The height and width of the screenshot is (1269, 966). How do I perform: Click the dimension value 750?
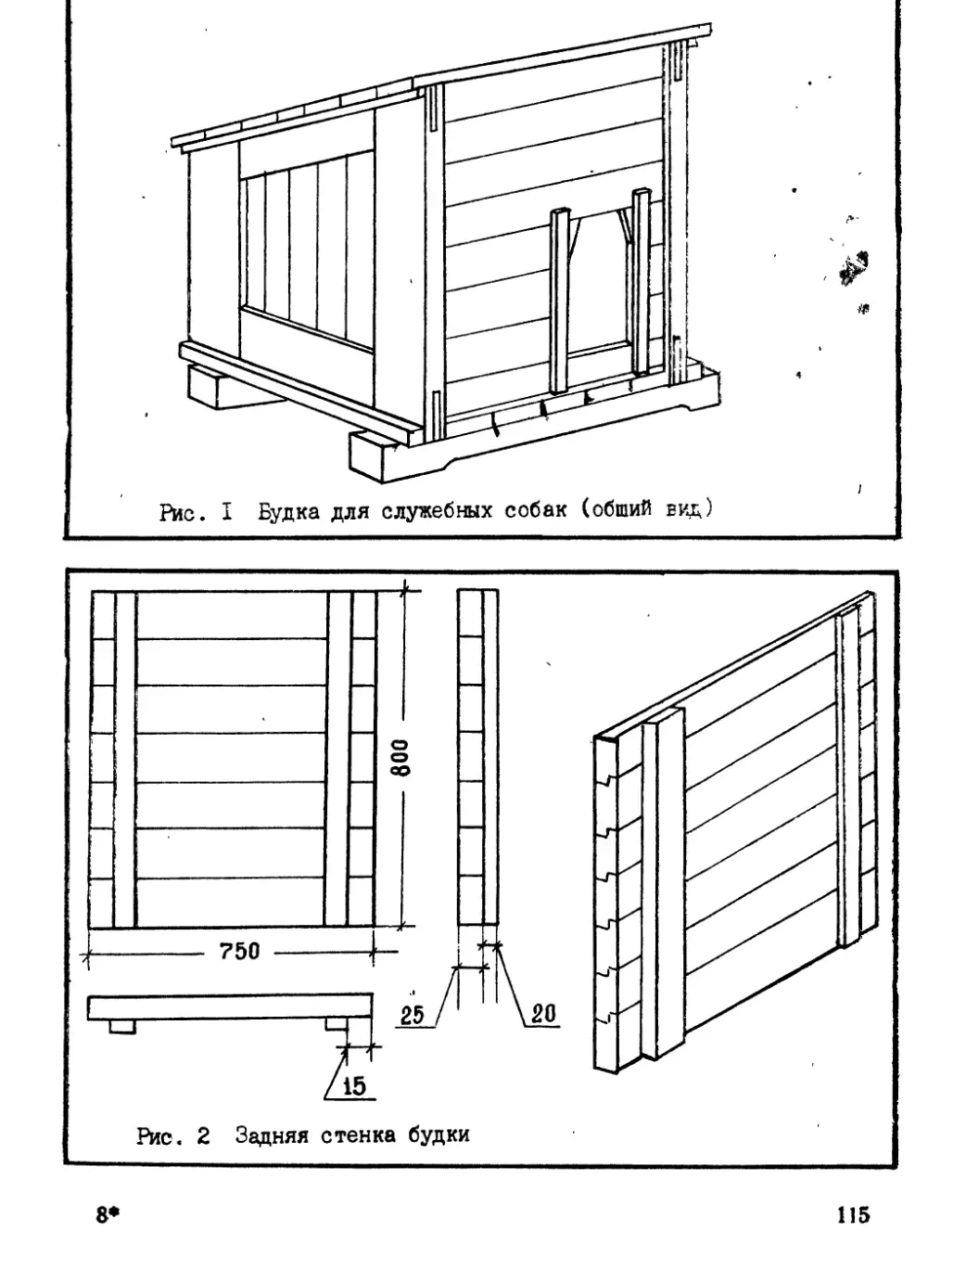pos(238,951)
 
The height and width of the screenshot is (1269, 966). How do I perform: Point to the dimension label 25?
pos(413,1015)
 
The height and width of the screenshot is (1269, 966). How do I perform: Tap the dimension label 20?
pos(542,1014)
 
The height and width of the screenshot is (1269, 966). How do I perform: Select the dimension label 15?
pos(354,1086)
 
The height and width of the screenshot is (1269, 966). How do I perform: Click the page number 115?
pos(852,1214)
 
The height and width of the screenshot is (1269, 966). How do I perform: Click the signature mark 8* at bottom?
pos(108,1215)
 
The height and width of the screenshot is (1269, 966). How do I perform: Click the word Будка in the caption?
pos(289,511)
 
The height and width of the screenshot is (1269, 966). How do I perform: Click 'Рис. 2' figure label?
pos(173,1134)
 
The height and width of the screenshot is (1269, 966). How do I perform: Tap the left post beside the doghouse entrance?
pos(558,301)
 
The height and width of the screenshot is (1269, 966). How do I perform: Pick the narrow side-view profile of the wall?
pos(477,758)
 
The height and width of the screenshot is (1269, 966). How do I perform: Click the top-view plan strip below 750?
pos(229,1006)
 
